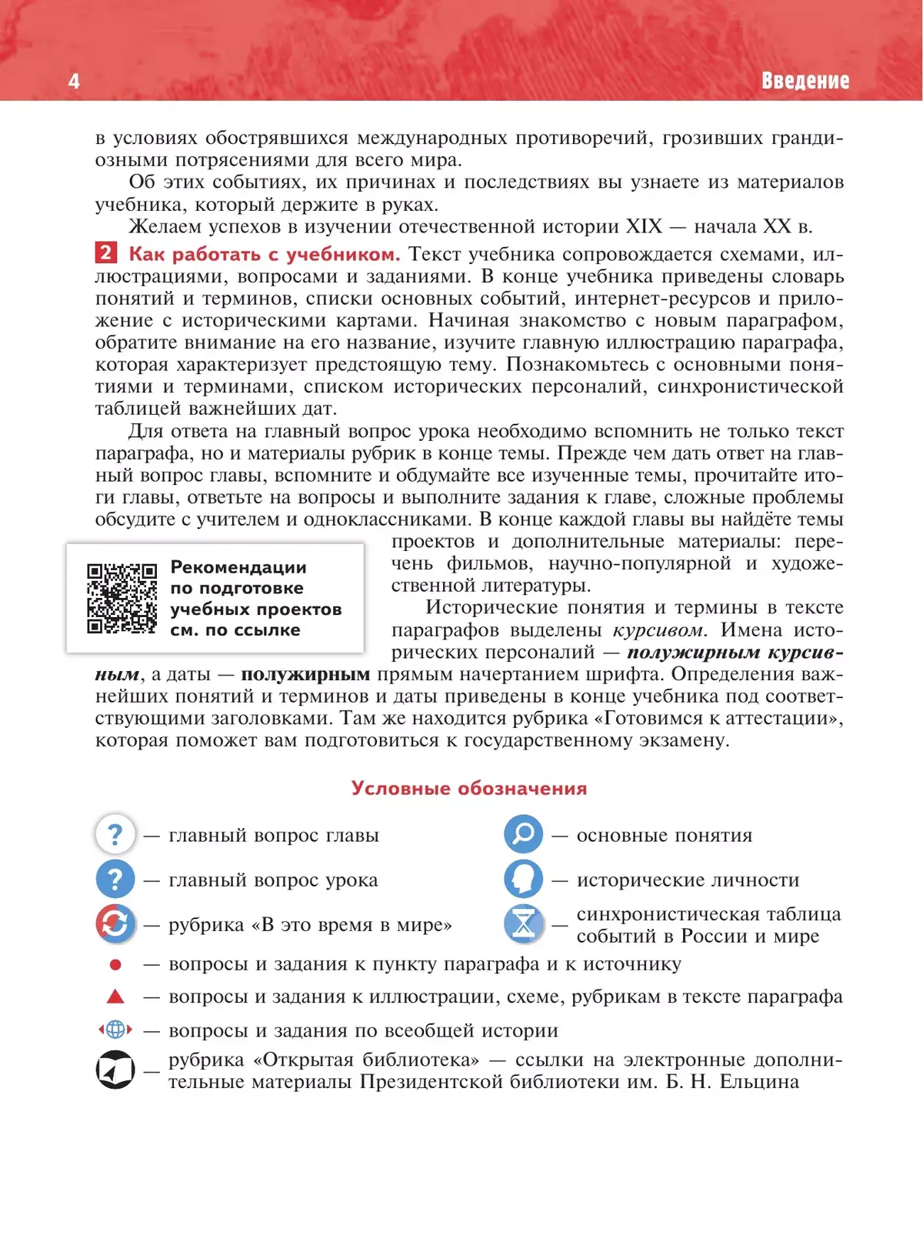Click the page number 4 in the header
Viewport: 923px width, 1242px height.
tap(74, 81)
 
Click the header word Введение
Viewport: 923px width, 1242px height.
tap(805, 81)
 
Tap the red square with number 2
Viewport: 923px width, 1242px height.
tap(105, 253)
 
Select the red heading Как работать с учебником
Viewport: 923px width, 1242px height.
tap(264, 254)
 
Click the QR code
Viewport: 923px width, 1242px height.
tap(122, 598)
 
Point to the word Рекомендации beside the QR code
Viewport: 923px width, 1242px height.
tap(238, 567)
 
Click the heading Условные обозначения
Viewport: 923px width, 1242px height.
tap(468, 788)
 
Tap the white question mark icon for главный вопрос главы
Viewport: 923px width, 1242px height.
tap(115, 834)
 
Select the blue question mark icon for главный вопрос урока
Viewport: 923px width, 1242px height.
tap(115, 879)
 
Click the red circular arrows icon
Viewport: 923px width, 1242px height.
tap(115, 923)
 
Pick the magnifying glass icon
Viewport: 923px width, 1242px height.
tap(523, 834)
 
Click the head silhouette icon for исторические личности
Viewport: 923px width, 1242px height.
tap(523, 879)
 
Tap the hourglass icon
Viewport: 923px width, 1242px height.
tap(523, 923)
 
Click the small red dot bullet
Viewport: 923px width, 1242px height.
tap(115, 964)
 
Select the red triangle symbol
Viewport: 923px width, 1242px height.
tap(115, 997)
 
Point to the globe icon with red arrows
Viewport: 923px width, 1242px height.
tap(115, 1030)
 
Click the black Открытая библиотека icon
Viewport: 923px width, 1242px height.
tap(115, 1070)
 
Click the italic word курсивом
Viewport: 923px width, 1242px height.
tap(658, 630)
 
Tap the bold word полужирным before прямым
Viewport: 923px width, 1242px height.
tap(305, 674)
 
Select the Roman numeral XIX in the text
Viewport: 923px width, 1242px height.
tap(643, 226)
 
